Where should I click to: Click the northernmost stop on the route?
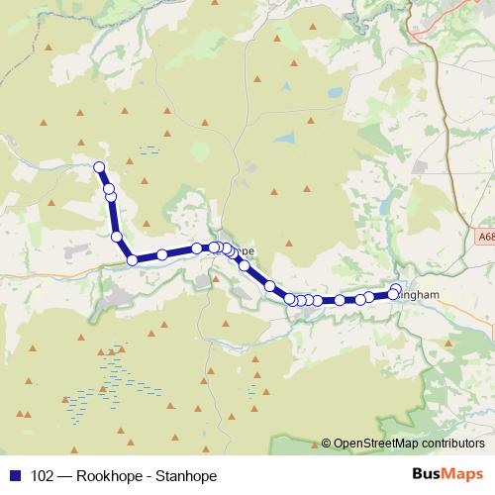pyautogui.click(x=99, y=167)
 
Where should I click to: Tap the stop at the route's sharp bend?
pyautogui.click(x=133, y=260)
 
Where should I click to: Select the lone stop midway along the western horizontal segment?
pyautogui.click(x=162, y=255)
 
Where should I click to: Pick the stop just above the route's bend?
pyautogui.click(x=117, y=237)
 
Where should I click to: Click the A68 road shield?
pyautogui.click(x=484, y=238)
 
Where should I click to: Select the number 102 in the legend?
pyautogui.click(x=43, y=475)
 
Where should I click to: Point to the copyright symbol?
pyautogui.click(x=326, y=443)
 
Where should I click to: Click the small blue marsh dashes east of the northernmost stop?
pyautogui.click(x=149, y=150)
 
